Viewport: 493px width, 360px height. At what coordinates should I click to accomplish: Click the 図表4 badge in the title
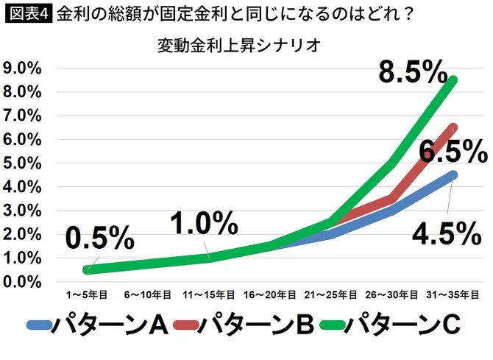point(26,14)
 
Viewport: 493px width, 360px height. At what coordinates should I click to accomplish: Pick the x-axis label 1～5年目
point(88,294)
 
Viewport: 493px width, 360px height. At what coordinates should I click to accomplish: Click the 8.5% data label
point(412,74)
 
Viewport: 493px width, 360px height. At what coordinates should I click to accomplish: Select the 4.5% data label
point(445,234)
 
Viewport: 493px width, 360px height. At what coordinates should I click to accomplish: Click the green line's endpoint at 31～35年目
point(453,80)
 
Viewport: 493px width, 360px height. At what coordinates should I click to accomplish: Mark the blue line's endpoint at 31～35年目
point(453,174)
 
